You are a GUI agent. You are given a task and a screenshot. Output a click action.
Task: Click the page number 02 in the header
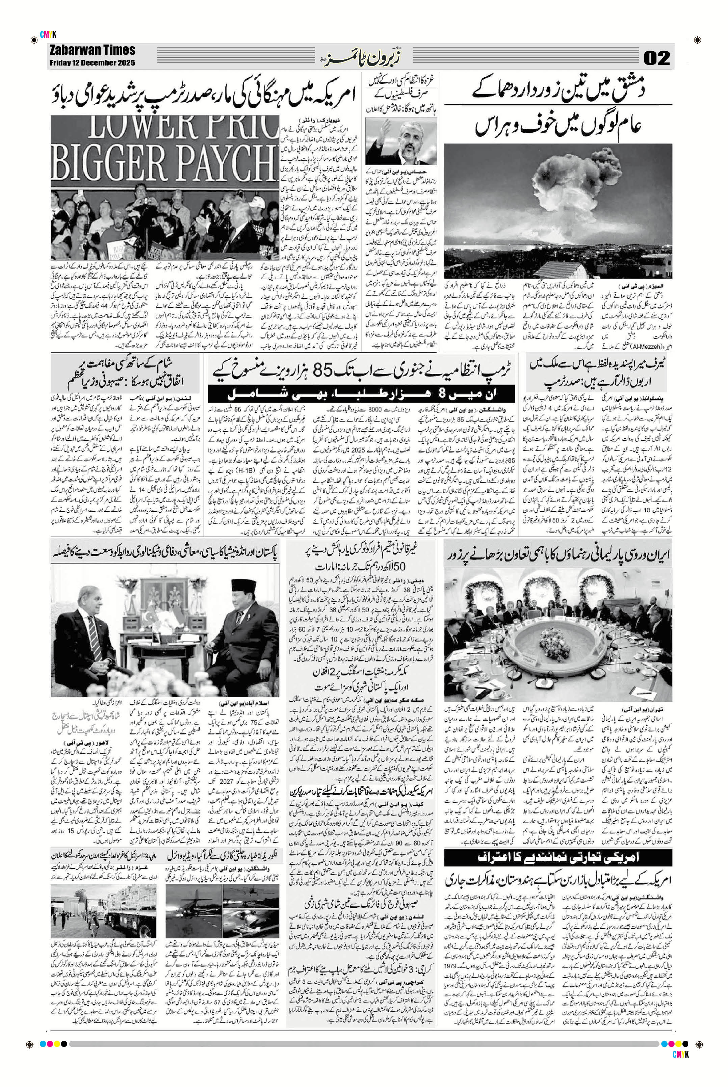click(x=656, y=58)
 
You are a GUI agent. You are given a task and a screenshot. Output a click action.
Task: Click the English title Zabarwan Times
click(x=93, y=51)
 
